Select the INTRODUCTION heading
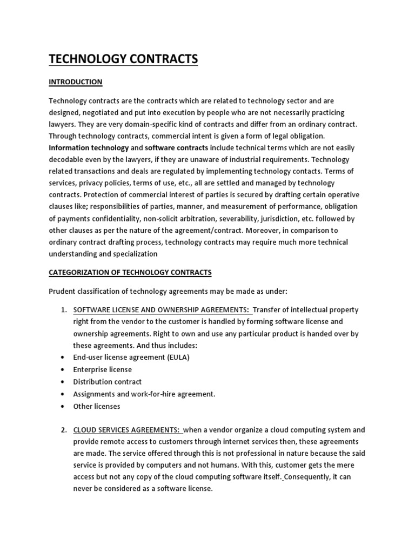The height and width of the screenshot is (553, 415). point(75,82)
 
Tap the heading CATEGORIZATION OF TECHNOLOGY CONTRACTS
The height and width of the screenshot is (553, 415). point(130,272)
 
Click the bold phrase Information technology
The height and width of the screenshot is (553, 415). point(89,148)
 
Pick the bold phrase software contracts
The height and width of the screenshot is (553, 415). point(176,148)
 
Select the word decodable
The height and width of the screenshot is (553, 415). point(69,160)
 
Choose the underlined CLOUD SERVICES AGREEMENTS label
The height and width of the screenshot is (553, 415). point(127,430)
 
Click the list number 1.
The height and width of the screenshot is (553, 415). point(63,310)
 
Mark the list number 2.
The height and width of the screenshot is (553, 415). point(63,430)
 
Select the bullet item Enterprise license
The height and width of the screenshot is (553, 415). point(102,369)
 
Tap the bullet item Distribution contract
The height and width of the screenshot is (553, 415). point(107,381)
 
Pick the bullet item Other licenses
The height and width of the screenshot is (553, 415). point(97,406)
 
